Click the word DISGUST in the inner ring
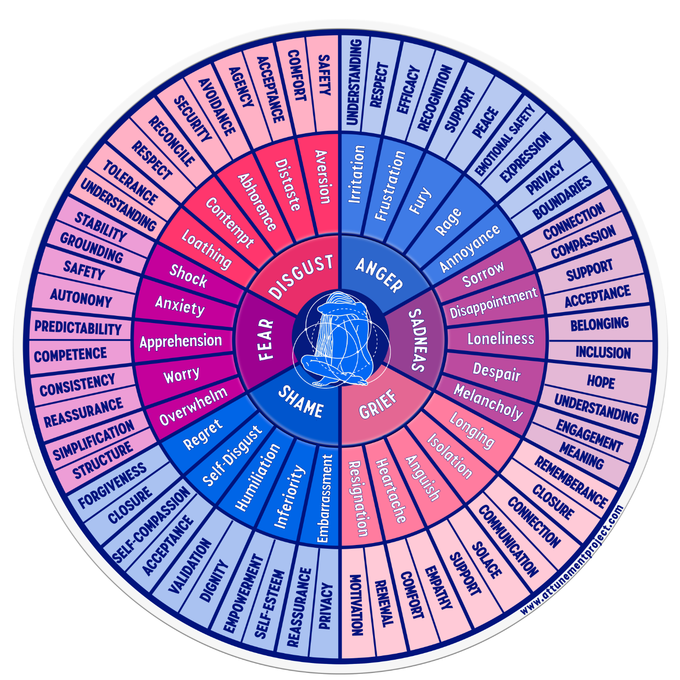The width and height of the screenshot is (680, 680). [x=301, y=276]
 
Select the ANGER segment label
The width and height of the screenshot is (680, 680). [x=379, y=274]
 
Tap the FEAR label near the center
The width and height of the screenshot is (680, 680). [x=266, y=340]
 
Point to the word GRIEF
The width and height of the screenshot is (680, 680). [x=378, y=405]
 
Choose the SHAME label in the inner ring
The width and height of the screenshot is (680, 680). [x=301, y=402]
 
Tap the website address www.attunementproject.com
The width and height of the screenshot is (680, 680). [x=572, y=560]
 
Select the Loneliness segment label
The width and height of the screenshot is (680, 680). [x=501, y=339]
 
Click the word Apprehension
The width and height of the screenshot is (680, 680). [x=181, y=341]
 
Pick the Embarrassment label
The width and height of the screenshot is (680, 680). [x=324, y=498]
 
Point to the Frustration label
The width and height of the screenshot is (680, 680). [x=390, y=186]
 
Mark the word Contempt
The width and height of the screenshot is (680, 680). [x=229, y=222]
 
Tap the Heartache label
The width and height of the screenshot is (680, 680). [x=391, y=491]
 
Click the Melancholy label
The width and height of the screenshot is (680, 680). [x=488, y=402]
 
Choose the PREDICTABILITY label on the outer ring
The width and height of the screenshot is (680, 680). [x=78, y=327]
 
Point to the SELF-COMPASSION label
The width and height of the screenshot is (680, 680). [x=152, y=525]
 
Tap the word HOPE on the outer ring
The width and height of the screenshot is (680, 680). [x=601, y=381]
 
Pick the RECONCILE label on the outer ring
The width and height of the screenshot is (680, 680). [x=171, y=141]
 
